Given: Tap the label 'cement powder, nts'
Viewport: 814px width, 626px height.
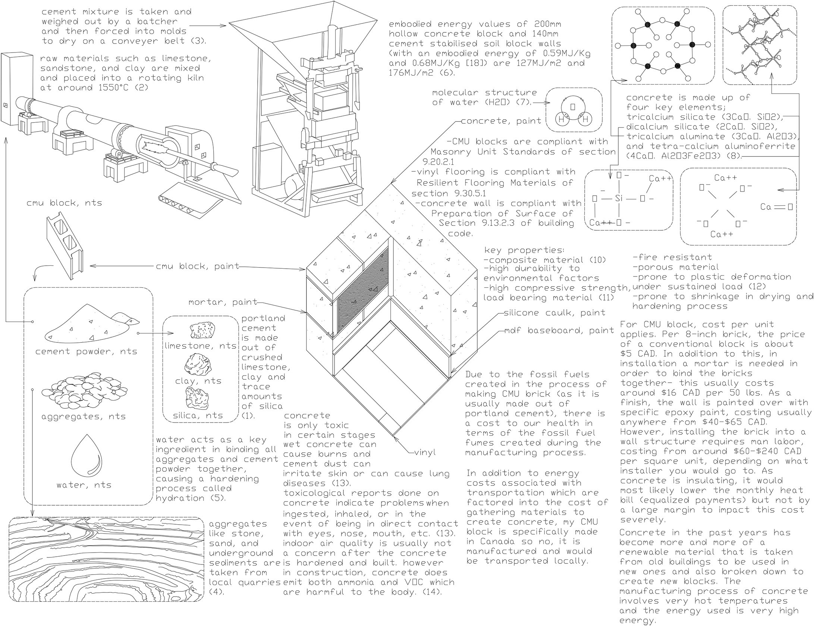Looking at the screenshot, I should coord(87,351).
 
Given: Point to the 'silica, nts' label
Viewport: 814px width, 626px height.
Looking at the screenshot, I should coord(198,415).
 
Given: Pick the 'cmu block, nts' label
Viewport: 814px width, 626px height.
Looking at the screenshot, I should coord(64,203).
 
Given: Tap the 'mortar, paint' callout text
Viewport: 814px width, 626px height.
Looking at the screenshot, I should coord(223,302).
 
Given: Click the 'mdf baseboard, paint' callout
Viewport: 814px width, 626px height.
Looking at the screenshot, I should coord(559,331).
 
